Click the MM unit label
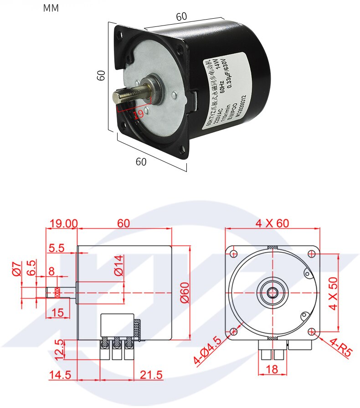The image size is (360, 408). [51, 8]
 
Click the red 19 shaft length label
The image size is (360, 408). [139, 114]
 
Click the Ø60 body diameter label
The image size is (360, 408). [184, 293]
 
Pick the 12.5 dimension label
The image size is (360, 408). [57, 349]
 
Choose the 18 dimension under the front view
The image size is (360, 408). [272, 369]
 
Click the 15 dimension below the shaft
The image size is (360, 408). [58, 312]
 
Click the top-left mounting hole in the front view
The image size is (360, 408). [234, 253]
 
